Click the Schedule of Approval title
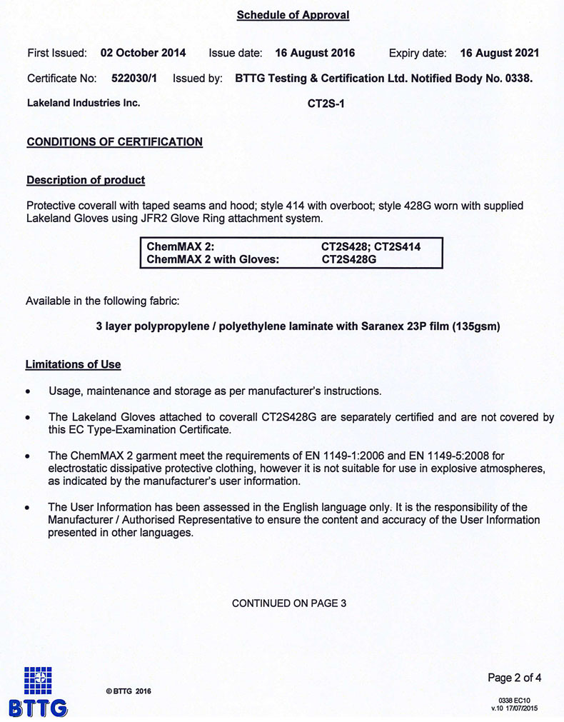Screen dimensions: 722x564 tap(293, 15)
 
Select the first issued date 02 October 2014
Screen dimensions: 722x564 tap(143, 53)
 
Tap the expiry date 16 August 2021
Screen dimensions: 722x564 tap(499, 53)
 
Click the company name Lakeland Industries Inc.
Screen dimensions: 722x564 tap(83, 103)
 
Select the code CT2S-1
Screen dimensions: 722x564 tap(326, 104)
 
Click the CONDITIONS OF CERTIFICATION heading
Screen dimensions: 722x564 tap(114, 141)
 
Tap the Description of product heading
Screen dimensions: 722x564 tap(85, 180)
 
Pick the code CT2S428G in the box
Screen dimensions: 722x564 tap(348, 259)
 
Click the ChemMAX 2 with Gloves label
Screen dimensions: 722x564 tap(212, 259)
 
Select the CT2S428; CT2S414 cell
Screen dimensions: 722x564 tap(371, 247)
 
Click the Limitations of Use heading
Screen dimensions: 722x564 tap(73, 364)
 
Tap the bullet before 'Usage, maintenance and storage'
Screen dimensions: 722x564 tap(28, 392)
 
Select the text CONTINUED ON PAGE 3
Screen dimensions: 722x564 tap(289, 603)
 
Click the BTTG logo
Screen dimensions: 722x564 tap(38, 691)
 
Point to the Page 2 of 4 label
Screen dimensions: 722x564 tap(514, 677)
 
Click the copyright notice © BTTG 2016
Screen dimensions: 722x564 tap(129, 691)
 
